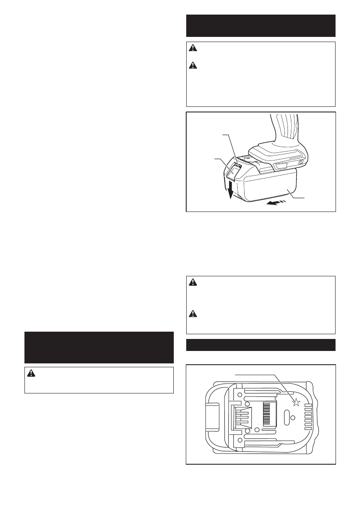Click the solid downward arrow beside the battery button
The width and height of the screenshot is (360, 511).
(x=230, y=190)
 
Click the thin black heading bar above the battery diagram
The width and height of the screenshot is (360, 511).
(x=260, y=345)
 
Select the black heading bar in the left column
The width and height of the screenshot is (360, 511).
(x=99, y=347)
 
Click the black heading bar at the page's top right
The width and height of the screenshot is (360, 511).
(x=260, y=25)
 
